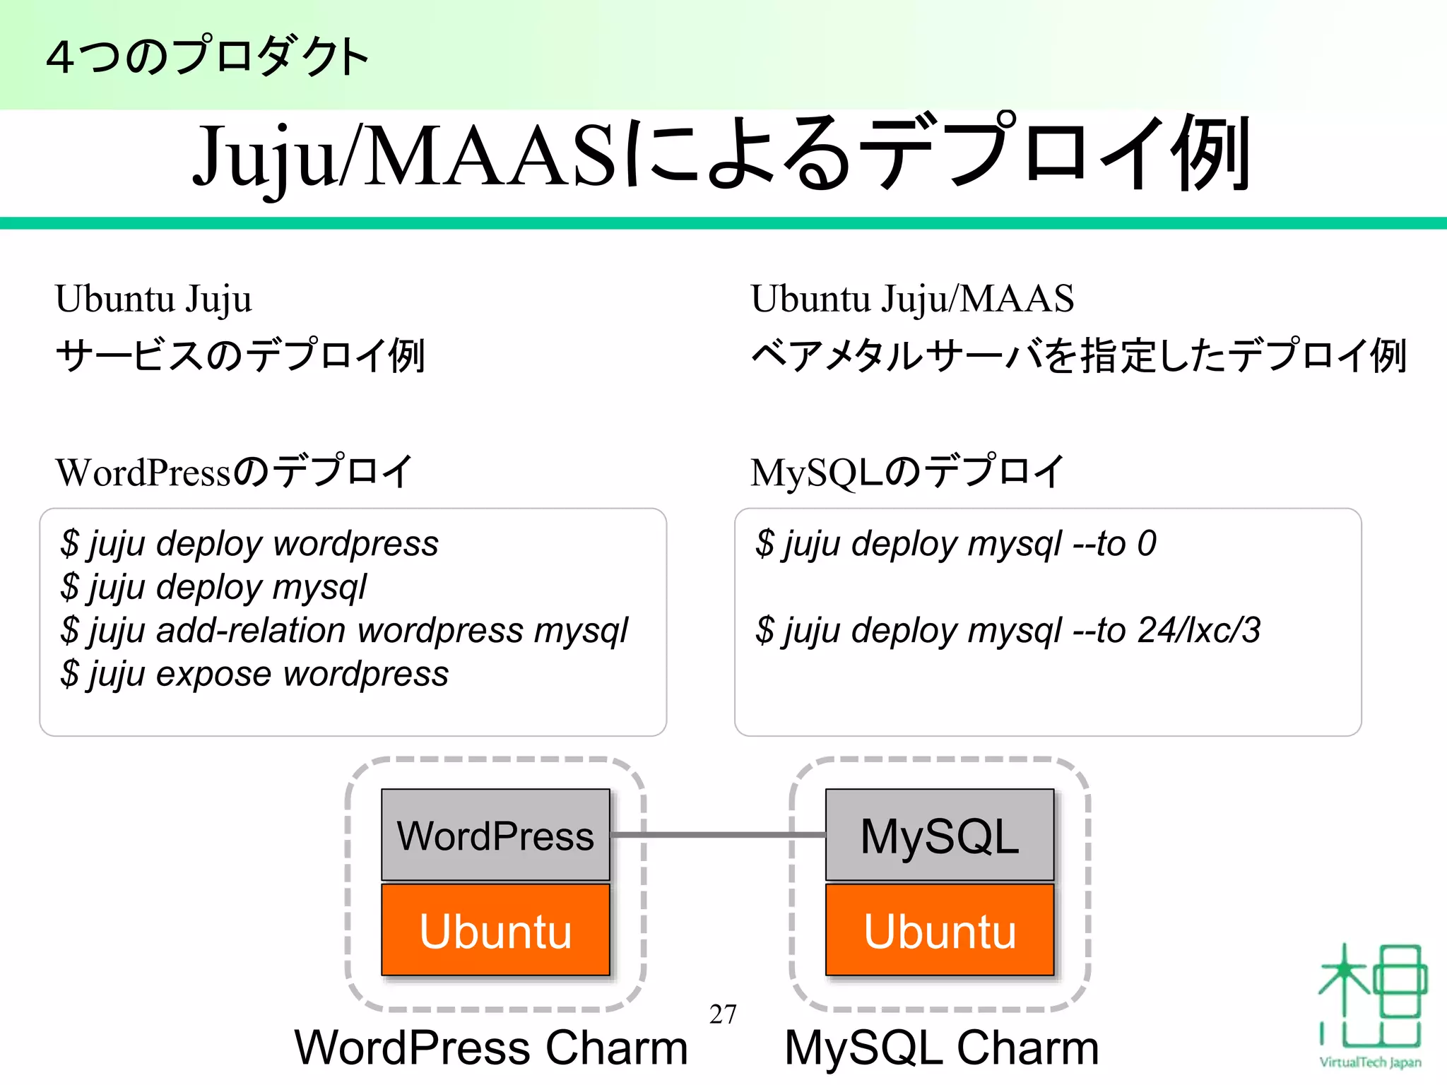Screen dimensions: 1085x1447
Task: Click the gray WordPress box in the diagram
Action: pyautogui.click(x=495, y=835)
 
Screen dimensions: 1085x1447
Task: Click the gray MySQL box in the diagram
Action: pyautogui.click(x=939, y=835)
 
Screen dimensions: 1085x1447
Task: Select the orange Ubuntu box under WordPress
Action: pyautogui.click(x=495, y=930)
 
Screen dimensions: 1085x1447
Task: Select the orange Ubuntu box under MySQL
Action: pyautogui.click(x=939, y=930)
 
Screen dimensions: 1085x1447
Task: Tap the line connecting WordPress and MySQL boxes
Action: pyautogui.click(x=717, y=835)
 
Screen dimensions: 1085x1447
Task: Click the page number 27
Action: pyautogui.click(x=723, y=1014)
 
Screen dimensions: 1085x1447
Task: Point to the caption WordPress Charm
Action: pyautogui.click(x=491, y=1048)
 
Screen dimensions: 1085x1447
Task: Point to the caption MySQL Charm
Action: pyautogui.click(x=941, y=1048)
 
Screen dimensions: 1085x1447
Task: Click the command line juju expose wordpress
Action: pyautogui.click(x=254, y=674)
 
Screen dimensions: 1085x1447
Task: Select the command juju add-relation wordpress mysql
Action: pyautogui.click(x=344, y=630)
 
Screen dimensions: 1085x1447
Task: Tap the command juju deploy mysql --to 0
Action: pyautogui.click(x=955, y=544)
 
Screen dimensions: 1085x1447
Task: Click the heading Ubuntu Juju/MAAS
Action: pyautogui.click(x=911, y=299)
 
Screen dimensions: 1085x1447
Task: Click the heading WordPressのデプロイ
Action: pyautogui.click(x=234, y=472)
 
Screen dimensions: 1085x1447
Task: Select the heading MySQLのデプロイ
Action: pyautogui.click(x=906, y=472)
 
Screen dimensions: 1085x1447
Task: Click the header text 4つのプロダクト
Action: pyautogui.click(x=207, y=57)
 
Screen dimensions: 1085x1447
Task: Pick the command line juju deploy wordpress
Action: pyautogui.click(x=249, y=544)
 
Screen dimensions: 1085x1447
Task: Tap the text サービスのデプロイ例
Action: pyautogui.click(x=240, y=355)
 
